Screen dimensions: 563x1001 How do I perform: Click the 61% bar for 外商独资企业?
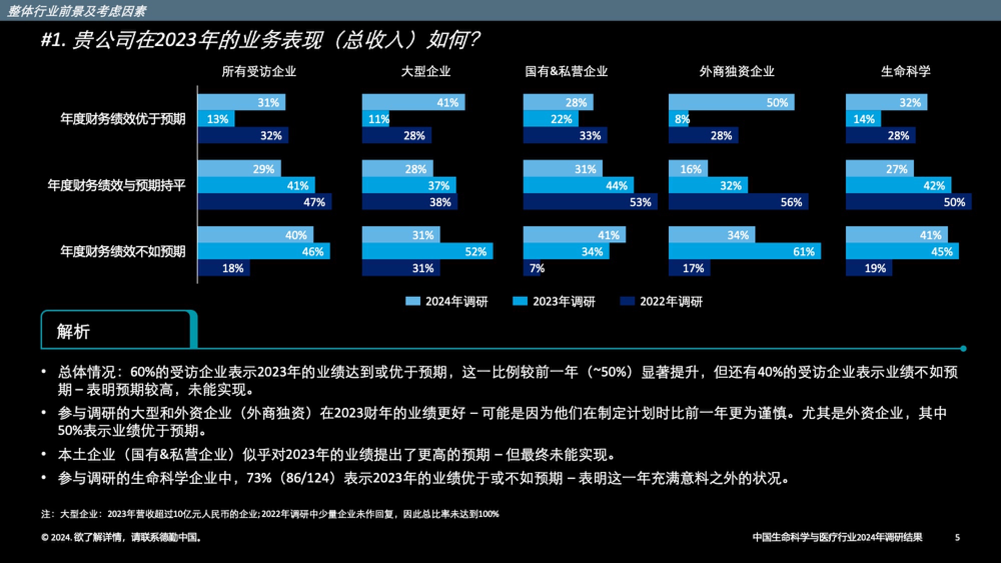[744, 251]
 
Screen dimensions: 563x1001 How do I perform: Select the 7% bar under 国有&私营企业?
[532, 268]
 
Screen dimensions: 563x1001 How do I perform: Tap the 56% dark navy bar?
[738, 202]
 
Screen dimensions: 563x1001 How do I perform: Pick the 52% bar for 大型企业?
[427, 251]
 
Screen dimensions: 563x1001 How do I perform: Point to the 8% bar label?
[682, 119]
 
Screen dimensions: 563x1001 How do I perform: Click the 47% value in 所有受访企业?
[314, 202]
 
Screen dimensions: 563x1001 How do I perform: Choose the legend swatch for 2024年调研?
[412, 301]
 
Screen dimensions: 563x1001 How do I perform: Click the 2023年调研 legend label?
[564, 301]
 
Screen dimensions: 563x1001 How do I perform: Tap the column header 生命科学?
[905, 72]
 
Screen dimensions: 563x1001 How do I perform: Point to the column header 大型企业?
[425, 72]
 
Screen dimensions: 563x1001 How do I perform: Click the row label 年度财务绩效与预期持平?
[117, 186]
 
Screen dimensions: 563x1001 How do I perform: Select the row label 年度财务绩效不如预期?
[123, 251]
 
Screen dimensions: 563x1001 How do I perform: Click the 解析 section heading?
[73, 331]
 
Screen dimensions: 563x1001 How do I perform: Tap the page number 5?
[957, 537]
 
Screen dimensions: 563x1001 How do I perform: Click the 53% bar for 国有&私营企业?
[590, 202]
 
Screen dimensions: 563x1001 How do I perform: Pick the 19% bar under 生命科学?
[868, 268]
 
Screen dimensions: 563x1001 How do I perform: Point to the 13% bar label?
[217, 119]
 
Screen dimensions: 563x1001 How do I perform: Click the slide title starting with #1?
[260, 40]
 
